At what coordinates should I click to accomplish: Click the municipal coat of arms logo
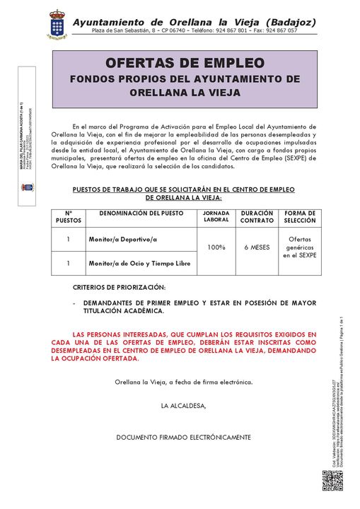[x=57, y=25]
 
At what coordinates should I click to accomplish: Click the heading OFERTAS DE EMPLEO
[x=185, y=63]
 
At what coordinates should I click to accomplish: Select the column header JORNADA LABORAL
[x=216, y=216]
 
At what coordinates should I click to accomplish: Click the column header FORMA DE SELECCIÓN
[x=300, y=216]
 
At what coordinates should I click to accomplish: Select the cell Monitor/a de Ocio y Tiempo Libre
[x=139, y=264]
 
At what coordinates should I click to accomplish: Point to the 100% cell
[x=216, y=247]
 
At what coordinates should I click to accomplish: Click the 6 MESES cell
[x=256, y=247]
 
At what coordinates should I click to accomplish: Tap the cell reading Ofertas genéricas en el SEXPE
[x=300, y=247]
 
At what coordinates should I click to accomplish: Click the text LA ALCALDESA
[x=183, y=406]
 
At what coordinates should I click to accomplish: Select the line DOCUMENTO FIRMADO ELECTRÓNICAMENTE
[x=183, y=437]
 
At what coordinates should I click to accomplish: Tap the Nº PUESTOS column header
[x=69, y=216]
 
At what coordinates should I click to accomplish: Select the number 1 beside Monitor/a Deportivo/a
[x=68, y=240]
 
